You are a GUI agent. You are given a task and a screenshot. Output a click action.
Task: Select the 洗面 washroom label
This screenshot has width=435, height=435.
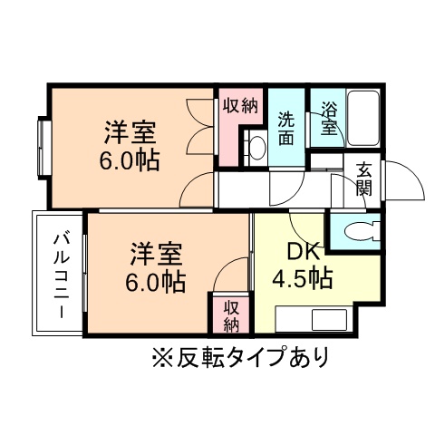(x=286, y=127)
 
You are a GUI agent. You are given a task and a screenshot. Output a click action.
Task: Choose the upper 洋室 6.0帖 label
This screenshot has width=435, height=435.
(x=130, y=148)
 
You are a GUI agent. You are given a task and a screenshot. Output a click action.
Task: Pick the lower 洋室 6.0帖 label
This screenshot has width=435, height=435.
(x=155, y=266)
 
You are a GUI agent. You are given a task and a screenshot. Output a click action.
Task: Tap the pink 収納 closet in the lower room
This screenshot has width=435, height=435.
(x=230, y=313)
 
